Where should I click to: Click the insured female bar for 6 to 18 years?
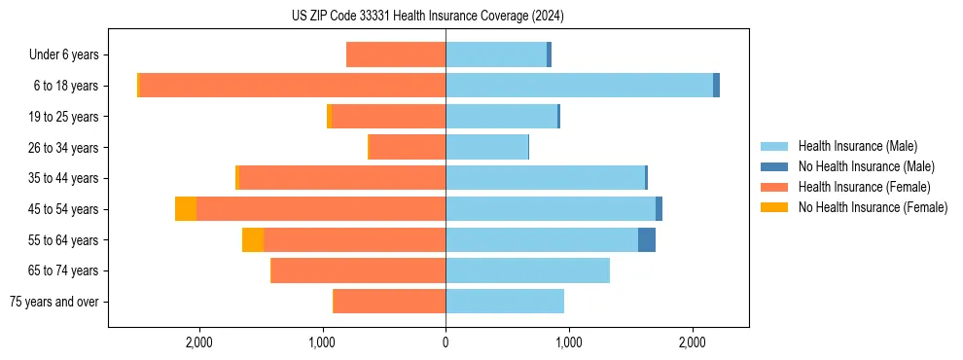click(292, 86)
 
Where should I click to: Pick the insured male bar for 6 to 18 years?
click(579, 86)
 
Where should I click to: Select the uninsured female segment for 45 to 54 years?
click(186, 209)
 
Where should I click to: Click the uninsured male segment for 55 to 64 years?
click(647, 239)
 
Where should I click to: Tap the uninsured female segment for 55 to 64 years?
click(253, 239)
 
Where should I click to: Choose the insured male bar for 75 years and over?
click(505, 302)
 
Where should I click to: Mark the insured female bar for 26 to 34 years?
click(408, 147)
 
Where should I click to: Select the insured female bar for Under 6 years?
click(396, 55)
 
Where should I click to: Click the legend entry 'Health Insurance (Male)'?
click(856, 146)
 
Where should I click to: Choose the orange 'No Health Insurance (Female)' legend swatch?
click(773, 207)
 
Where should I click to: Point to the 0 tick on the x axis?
click(446, 342)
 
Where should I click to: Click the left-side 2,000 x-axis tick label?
click(198, 342)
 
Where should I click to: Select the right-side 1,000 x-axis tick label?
click(568, 342)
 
